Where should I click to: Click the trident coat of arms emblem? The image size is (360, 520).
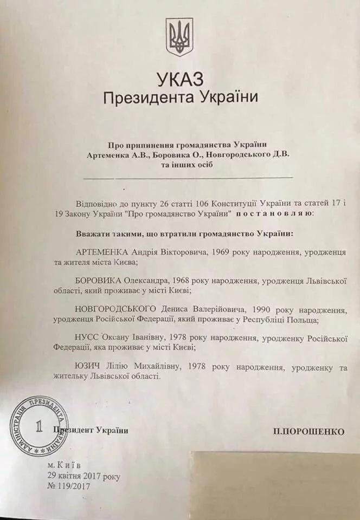click(179, 38)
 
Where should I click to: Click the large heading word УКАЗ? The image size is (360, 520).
click(180, 80)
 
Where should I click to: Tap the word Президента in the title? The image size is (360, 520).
click(136, 99)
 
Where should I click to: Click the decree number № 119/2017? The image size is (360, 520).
click(69, 486)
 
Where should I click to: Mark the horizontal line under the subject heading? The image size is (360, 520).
click(188, 177)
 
